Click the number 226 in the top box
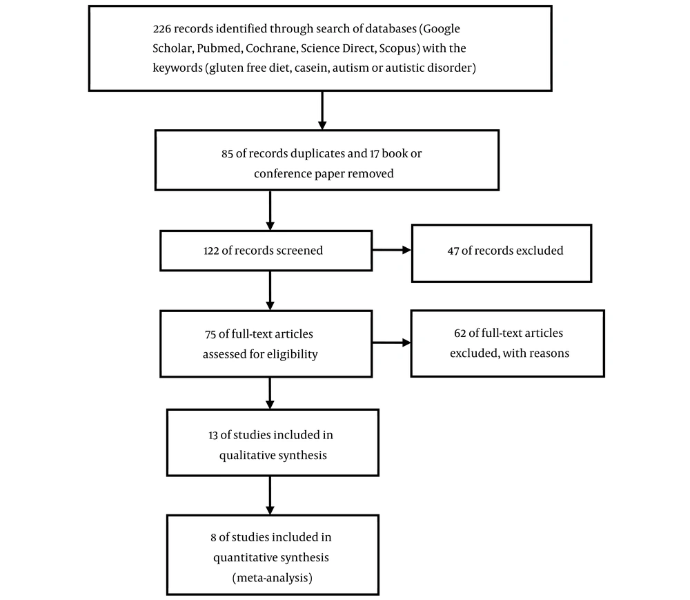point(162,29)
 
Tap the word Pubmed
point(219,48)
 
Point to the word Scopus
point(399,49)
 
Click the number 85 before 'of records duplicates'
point(227,154)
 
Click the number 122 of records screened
point(211,251)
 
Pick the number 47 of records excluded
point(453,251)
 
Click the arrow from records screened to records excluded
point(392,250)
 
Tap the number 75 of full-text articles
point(210,335)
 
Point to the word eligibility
point(291,354)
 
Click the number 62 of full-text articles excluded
point(460,333)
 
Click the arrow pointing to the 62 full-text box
point(392,342)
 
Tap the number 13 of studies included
point(213,436)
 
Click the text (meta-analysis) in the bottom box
point(273,578)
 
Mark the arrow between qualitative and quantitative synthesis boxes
point(270,495)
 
